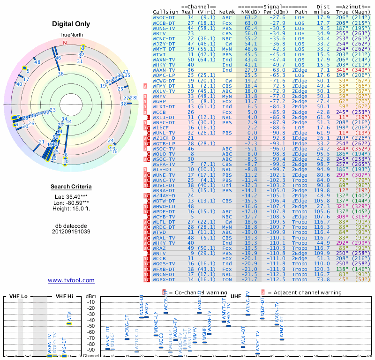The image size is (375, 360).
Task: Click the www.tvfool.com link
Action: [71, 280]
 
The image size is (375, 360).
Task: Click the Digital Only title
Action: [71, 24]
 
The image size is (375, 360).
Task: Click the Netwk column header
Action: [227, 12]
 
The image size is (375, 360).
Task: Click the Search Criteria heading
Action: [71, 187]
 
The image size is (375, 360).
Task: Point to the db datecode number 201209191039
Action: [71, 231]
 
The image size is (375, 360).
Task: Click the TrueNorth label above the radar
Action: [71, 35]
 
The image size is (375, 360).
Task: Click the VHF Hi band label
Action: [64, 296]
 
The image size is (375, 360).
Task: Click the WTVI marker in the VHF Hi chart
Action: [69, 323]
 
